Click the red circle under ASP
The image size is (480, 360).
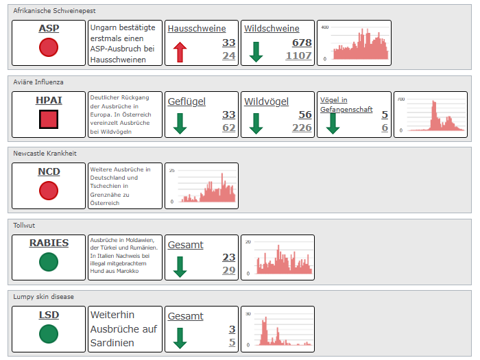(49, 47)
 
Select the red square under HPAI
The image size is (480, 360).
(49, 119)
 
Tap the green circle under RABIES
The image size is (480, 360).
(49, 262)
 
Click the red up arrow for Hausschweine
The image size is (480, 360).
(180, 52)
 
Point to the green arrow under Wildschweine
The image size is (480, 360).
(256, 52)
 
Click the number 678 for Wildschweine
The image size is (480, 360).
(302, 43)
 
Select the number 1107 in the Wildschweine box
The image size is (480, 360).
(298, 56)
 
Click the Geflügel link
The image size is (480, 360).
(187, 101)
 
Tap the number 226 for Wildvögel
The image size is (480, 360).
(302, 128)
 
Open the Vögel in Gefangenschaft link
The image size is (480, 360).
(346, 105)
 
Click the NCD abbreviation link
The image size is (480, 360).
(49, 171)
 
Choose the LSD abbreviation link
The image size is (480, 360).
(49, 315)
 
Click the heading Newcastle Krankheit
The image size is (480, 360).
(45, 154)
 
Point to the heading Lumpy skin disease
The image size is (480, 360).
(43, 297)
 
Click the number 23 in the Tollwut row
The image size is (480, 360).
(229, 257)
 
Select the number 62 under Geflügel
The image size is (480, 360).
(229, 128)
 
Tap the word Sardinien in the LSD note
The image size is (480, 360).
(112, 343)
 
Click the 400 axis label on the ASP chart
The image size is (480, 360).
(325, 27)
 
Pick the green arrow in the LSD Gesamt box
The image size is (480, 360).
(180, 338)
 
